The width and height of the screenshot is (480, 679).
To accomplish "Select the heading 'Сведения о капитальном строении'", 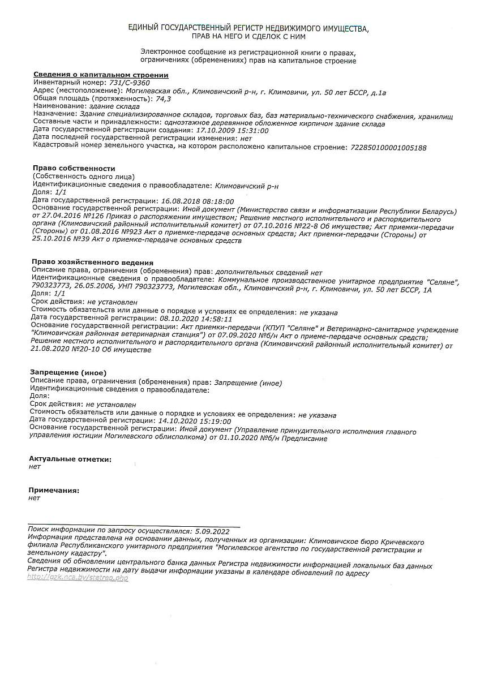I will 101,75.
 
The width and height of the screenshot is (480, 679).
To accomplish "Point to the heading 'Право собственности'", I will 74,169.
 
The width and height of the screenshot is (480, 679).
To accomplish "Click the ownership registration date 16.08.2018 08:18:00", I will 198,201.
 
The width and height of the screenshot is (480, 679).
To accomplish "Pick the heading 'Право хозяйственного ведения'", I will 93,263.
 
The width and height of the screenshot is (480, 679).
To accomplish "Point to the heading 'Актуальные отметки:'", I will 70,459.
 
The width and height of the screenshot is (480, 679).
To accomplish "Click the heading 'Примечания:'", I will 54,490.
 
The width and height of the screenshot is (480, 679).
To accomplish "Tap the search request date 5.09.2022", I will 211,531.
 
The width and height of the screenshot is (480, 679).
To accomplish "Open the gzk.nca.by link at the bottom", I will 78,577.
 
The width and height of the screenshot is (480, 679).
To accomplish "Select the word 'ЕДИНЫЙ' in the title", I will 144,28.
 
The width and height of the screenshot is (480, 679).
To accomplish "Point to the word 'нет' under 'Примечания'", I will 35,498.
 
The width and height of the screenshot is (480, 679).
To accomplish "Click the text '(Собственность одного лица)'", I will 83,177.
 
